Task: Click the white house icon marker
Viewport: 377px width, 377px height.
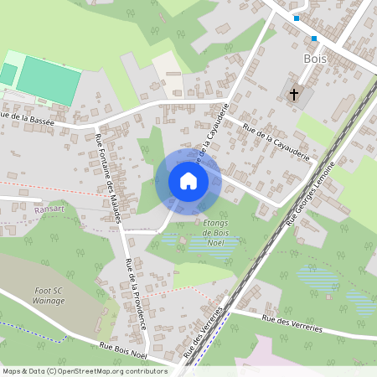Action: tap(188, 181)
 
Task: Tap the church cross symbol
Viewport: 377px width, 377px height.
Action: tap(294, 95)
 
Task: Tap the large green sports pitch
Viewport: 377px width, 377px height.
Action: tap(49, 80)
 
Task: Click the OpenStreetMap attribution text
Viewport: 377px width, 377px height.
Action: tap(84, 371)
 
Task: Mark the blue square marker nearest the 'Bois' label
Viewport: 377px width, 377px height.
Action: tap(314, 39)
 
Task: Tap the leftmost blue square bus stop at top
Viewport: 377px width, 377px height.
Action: tap(296, 18)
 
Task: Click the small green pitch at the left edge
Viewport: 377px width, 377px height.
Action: tap(7, 74)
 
